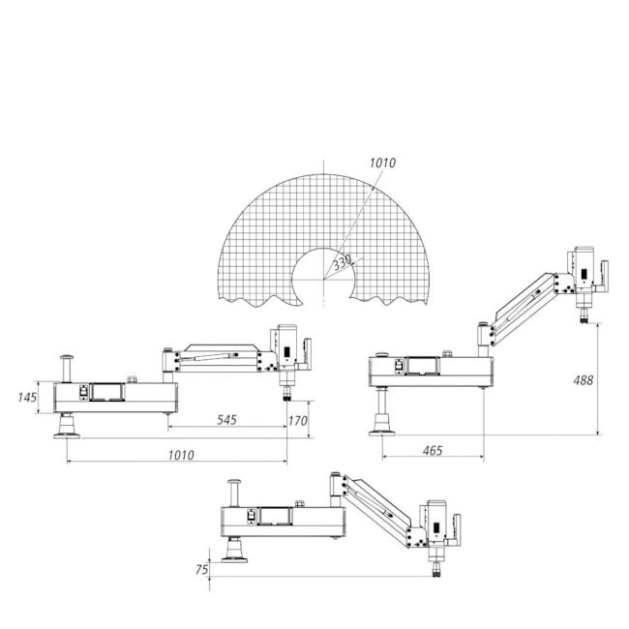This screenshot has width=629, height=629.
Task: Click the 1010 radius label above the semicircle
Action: (382, 163)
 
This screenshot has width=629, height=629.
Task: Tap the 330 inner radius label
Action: (343, 262)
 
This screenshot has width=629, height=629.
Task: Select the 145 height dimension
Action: (27, 398)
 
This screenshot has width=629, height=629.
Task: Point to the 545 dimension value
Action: (227, 420)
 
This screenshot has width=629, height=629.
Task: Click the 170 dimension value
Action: (298, 420)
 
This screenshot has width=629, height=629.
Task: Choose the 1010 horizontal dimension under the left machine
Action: (181, 455)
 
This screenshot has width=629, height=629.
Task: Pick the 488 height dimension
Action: (584, 380)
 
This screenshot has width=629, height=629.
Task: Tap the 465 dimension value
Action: (433, 451)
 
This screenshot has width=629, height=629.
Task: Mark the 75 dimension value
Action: (202, 569)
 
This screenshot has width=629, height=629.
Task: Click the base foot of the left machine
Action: (67, 427)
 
